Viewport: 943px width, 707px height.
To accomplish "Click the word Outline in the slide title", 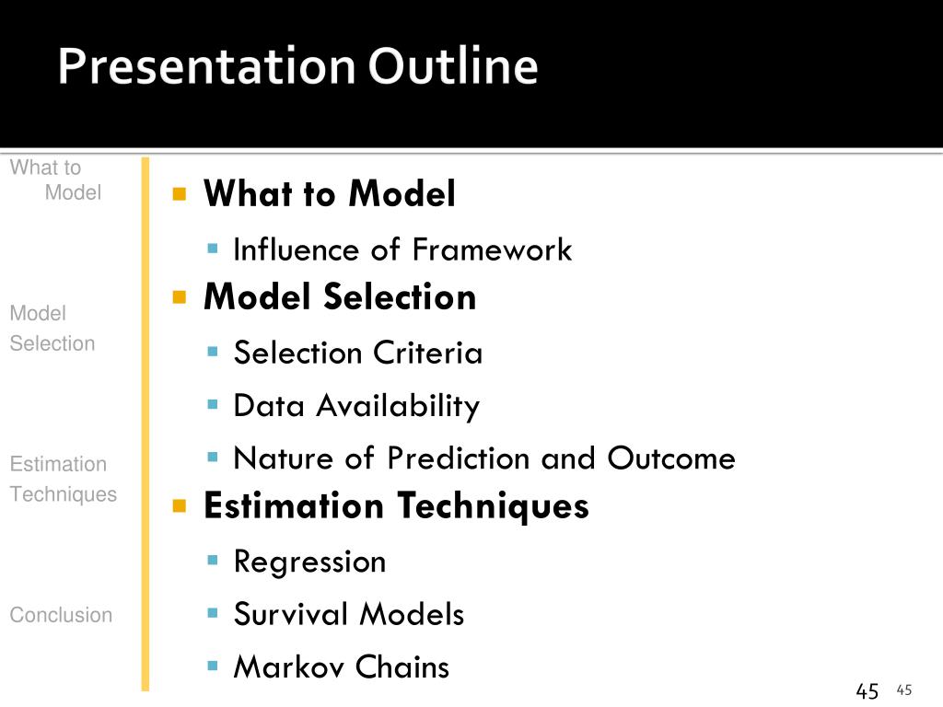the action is tap(453, 65).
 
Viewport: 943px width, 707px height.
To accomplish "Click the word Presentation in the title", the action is tap(207, 66).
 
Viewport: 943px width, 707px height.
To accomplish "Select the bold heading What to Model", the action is tap(330, 193).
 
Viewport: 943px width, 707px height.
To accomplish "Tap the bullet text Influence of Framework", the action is tap(402, 249).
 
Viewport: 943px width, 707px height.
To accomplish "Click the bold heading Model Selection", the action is tap(340, 297).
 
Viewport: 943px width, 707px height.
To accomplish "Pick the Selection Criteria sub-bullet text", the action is tap(358, 353).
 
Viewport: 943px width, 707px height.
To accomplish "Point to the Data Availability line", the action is tap(356, 406).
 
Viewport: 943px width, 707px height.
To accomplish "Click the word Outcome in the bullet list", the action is tap(671, 458).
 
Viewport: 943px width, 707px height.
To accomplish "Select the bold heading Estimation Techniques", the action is tap(396, 505).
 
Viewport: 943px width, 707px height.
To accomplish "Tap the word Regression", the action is tap(309, 562).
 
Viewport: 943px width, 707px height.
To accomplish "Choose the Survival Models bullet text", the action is tap(349, 614).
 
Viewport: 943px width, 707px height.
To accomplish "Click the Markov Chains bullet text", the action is tap(342, 666).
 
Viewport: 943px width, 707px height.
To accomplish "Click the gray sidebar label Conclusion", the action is tap(61, 615).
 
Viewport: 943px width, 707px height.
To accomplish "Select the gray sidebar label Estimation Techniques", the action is tap(64, 479).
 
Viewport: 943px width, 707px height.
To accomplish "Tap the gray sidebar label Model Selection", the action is tap(52, 329).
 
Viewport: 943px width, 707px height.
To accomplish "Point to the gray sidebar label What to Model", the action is tap(55, 180).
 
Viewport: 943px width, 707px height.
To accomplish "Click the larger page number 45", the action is tap(867, 691).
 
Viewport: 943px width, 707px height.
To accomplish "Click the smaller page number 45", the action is tap(904, 690).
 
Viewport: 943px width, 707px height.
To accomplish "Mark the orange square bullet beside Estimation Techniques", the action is tap(180, 506).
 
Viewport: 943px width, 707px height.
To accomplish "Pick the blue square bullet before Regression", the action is tap(213, 561).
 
